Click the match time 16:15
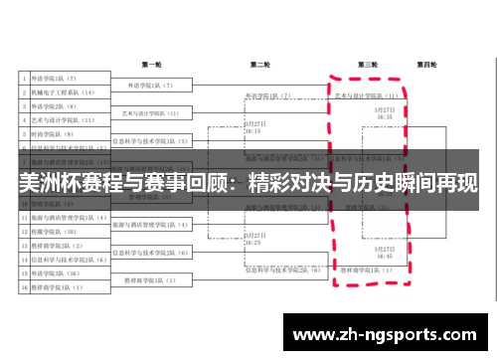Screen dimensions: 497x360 pyautogui.click(x=252, y=131)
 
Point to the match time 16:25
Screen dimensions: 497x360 pyautogui.click(x=252, y=243)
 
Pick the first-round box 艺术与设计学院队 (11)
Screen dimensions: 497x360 pyautogui.click(x=149, y=113)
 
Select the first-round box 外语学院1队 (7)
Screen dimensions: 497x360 pyautogui.click(x=150, y=86)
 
